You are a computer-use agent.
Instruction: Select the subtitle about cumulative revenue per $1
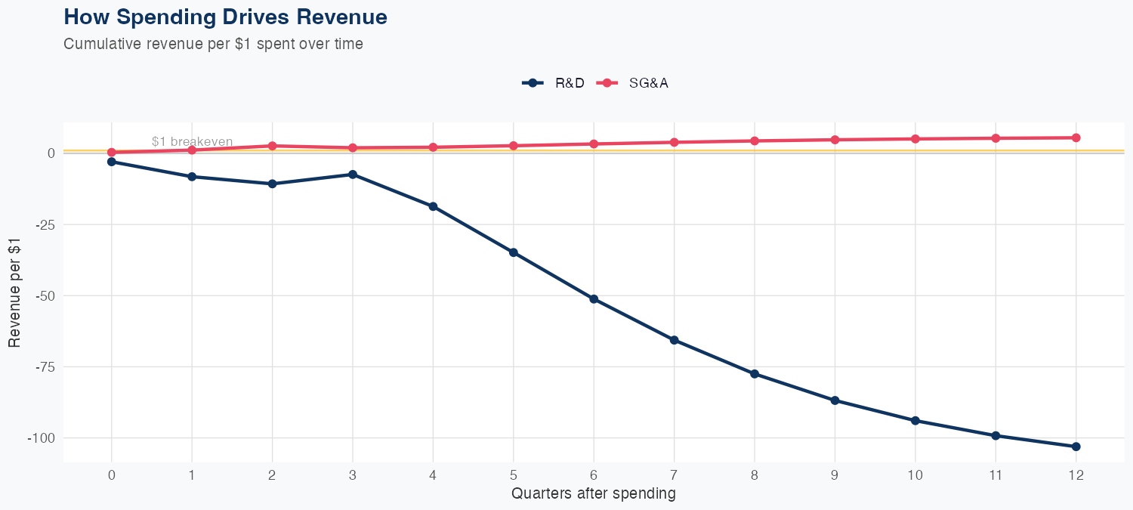[x=213, y=44]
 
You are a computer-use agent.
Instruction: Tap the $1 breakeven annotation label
[x=192, y=141]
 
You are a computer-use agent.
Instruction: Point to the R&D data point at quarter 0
[x=112, y=162]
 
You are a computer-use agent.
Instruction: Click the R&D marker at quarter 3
[x=353, y=175]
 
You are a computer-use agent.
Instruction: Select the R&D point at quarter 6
[x=594, y=299]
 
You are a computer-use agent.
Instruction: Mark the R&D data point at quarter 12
[x=1076, y=447]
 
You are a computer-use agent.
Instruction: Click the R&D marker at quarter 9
[x=835, y=400]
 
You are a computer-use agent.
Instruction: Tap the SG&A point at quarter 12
[x=1076, y=138]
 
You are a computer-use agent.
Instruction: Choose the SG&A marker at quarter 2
[x=273, y=146]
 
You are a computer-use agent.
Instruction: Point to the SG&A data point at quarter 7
[x=674, y=142]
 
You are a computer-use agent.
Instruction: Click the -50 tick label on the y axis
[x=45, y=295]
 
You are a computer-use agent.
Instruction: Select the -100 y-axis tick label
[x=42, y=438]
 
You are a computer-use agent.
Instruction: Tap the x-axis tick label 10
[x=915, y=475]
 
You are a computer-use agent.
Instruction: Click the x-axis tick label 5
[x=513, y=475]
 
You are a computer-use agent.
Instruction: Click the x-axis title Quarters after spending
[x=593, y=494]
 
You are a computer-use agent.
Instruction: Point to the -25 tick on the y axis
[x=45, y=224]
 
